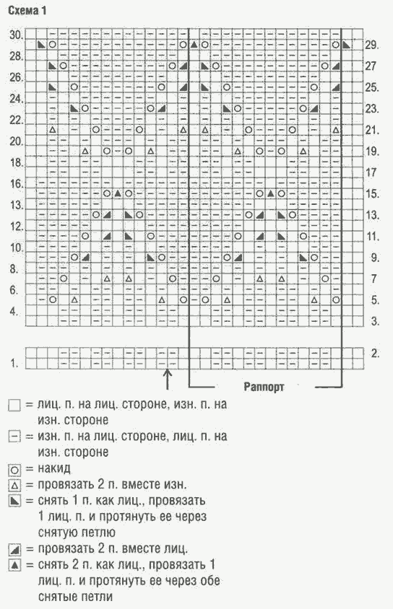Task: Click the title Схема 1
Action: pyautogui.click(x=27, y=11)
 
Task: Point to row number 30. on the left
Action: pyautogui.click(x=17, y=35)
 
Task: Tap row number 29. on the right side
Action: pyautogui.click(x=372, y=45)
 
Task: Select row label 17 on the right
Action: pyautogui.click(x=371, y=172)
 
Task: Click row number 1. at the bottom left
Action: pyautogui.click(x=14, y=364)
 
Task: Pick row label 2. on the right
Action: pyautogui.click(x=375, y=354)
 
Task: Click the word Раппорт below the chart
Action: pyautogui.click(x=264, y=387)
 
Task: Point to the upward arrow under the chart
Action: pyautogui.click(x=167, y=380)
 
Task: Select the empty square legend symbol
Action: pyautogui.click(x=14, y=406)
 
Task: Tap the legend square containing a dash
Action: pyautogui.click(x=14, y=437)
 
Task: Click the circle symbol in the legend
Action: pyautogui.click(x=14, y=470)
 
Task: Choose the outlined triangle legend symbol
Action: pyautogui.click(x=14, y=486)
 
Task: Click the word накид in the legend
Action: pyautogui.click(x=54, y=469)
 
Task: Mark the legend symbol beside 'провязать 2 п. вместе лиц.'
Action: pyautogui.click(x=14, y=550)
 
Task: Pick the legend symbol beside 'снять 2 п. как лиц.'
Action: pyautogui.click(x=14, y=565)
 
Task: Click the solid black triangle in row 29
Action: pyautogui.click(x=194, y=45)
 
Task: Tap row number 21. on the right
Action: pyautogui.click(x=372, y=130)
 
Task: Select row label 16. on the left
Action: pyautogui.click(x=17, y=184)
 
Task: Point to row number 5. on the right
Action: pyautogui.click(x=375, y=300)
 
